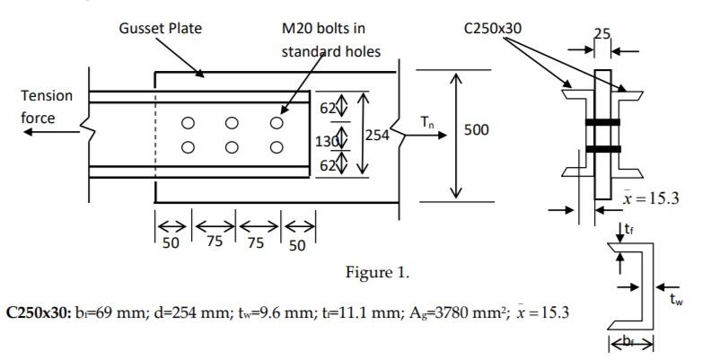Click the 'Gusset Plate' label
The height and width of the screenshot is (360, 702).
pyautogui.click(x=160, y=28)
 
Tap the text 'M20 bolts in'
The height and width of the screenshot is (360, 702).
pyautogui.click(x=323, y=29)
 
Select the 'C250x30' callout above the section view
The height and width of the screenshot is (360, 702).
pyautogui.click(x=492, y=28)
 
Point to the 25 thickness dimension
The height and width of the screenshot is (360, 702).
pyautogui.click(x=601, y=34)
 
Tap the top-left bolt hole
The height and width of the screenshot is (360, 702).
pyautogui.click(x=188, y=123)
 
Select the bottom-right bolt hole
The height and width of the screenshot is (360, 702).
pyautogui.click(x=276, y=147)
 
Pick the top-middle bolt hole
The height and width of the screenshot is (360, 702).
pyautogui.click(x=232, y=123)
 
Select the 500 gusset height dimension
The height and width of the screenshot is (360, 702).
pyautogui.click(x=476, y=130)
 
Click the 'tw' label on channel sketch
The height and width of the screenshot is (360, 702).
pyautogui.click(x=677, y=301)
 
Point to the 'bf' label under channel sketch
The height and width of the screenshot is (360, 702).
pyautogui.click(x=634, y=342)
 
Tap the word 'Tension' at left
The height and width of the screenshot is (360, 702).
pyautogui.click(x=47, y=95)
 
